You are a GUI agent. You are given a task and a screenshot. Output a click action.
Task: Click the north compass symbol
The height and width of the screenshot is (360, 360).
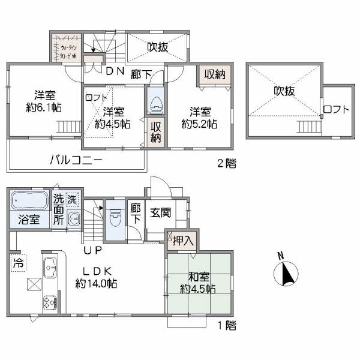(x=286, y=273)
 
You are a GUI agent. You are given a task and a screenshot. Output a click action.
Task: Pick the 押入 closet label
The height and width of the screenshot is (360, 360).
(x=183, y=241)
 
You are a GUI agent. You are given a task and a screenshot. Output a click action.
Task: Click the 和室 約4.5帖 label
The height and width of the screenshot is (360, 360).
(x=198, y=283)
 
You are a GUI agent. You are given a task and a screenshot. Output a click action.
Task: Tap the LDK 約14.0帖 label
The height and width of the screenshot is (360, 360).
(x=96, y=277)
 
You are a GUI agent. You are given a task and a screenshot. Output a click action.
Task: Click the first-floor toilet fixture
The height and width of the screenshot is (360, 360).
(x=115, y=217)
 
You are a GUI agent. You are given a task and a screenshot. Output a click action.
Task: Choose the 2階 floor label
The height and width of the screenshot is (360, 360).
(x=226, y=163)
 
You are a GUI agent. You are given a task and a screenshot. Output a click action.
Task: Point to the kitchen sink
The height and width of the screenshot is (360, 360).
(x=49, y=265)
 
